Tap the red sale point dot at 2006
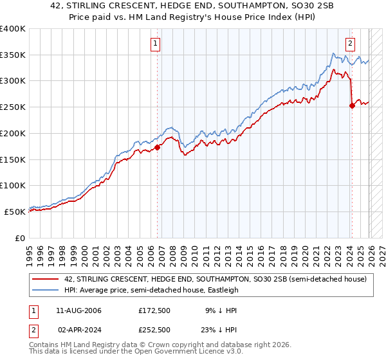click(157, 147)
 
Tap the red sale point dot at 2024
click(352, 106)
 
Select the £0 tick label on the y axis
click(21, 238)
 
